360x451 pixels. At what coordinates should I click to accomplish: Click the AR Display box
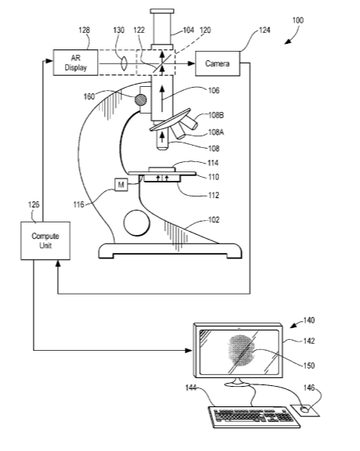tap(75, 63)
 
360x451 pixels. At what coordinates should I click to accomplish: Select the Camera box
tap(218, 63)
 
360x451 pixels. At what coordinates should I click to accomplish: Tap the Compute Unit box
tap(45, 240)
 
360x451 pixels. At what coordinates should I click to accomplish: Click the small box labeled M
tap(121, 184)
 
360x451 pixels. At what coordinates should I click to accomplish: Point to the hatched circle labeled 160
tap(141, 100)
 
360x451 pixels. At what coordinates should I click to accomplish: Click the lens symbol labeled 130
tap(124, 63)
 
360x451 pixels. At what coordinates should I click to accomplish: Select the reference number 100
tap(298, 20)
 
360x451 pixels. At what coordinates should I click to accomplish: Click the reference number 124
tap(265, 30)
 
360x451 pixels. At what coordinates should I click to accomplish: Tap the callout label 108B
tap(216, 115)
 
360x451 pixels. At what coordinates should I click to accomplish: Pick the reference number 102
tap(214, 220)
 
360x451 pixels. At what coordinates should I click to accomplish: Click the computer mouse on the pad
tap(304, 410)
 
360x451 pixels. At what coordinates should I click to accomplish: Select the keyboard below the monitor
tap(254, 417)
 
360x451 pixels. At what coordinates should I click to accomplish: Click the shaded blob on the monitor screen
tap(242, 350)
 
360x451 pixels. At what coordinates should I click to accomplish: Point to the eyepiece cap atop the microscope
tap(162, 11)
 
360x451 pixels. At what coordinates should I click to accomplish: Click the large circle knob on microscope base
tap(137, 223)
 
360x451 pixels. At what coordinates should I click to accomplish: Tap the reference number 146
tap(309, 388)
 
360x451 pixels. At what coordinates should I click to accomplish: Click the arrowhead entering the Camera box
tap(191, 63)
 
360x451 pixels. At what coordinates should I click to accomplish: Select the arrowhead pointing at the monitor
tap(189, 350)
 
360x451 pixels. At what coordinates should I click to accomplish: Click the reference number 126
tap(34, 205)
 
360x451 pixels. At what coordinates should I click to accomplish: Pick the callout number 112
tap(214, 195)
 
